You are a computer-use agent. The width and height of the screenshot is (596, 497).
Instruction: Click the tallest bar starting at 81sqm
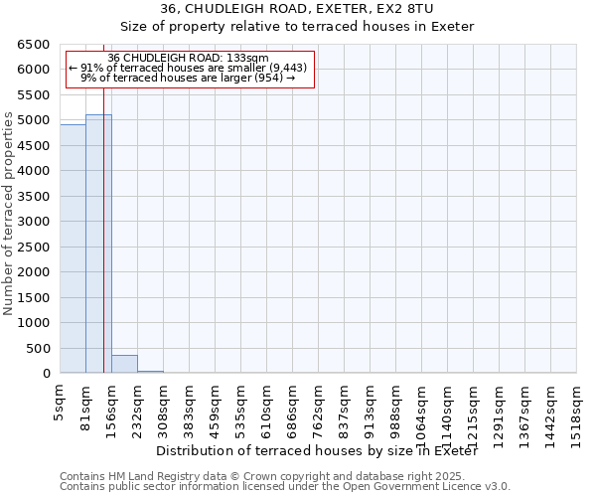tap(98, 244)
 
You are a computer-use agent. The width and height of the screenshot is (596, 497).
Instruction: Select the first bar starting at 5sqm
tap(73, 248)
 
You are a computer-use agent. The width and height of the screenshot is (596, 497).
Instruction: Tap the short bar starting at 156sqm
tap(124, 364)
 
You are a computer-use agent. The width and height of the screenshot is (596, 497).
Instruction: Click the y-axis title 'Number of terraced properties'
tap(10, 214)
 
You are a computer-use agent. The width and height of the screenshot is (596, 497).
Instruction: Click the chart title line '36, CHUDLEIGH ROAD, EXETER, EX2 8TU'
tap(298, 9)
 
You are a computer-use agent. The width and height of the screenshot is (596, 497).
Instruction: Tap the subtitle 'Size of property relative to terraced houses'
tap(298, 26)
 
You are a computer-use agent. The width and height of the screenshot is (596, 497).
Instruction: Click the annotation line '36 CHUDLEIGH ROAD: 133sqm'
tap(188, 59)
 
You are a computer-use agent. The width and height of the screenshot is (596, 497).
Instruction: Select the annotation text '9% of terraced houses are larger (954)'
tap(188, 78)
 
